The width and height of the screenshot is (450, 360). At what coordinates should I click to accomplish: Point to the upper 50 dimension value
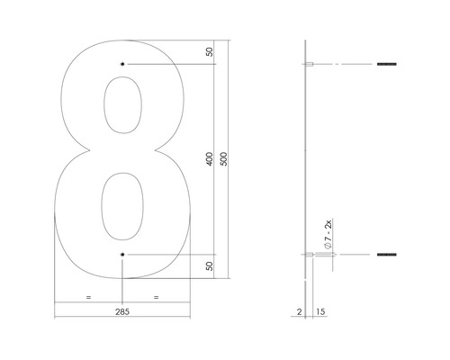tap(210, 52)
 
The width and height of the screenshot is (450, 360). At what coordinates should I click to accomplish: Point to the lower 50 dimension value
tap(210, 267)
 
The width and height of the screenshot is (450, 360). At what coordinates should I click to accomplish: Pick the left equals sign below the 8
tap(87, 296)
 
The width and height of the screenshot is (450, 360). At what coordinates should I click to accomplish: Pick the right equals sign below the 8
tap(156, 296)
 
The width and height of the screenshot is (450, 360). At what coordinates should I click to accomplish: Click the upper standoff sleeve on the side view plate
tap(310, 65)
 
